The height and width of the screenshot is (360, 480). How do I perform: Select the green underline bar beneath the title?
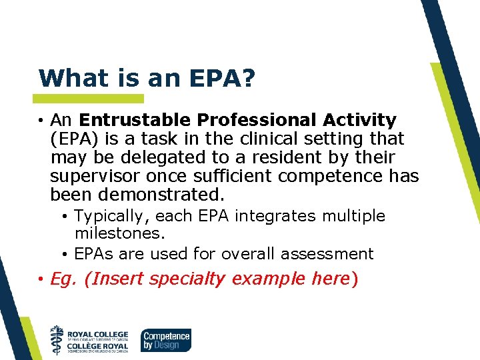click(x=90, y=99)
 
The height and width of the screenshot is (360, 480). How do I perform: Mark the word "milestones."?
click(x=119, y=234)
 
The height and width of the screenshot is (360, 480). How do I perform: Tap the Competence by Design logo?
click(x=165, y=340)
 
